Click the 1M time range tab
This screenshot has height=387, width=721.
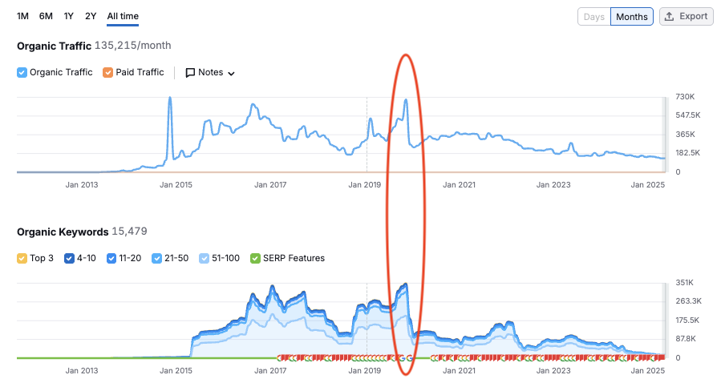coord(22,16)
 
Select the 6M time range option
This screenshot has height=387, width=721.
coord(46,16)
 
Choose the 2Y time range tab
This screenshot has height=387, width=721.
coord(91,16)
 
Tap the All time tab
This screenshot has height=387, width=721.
coord(123,16)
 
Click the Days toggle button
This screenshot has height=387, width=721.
coord(594,17)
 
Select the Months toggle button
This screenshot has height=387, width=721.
coord(632,17)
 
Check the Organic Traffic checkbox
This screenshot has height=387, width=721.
coord(22,73)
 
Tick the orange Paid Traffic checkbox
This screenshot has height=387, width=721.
coord(107,73)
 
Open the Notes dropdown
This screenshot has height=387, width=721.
coord(210,73)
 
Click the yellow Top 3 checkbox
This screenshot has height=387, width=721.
coord(22,258)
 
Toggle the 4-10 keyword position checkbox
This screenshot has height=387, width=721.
coord(69,258)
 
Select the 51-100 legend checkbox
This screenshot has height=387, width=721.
coord(205,258)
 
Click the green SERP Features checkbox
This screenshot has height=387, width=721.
coord(255,258)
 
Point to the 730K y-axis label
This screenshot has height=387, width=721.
coord(685,96)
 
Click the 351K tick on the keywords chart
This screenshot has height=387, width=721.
coord(684,283)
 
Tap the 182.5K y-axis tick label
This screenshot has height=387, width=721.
coord(688,152)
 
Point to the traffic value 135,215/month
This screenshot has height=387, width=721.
coord(133,46)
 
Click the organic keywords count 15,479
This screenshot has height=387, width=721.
coord(129,232)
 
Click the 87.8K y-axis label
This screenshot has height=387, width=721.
coord(686,339)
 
